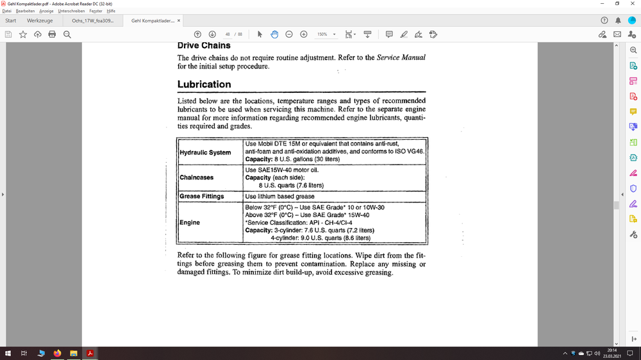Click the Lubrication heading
204,84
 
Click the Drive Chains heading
204,45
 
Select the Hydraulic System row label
205,152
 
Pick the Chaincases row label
197,177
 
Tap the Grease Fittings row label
202,196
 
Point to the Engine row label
190,222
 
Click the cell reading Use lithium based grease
279,196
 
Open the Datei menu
7,11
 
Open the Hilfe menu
111,11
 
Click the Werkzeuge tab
40,20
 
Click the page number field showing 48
228,34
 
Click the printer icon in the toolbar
52,34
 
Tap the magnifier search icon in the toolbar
67,34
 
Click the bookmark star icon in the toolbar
23,34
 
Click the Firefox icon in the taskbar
57,353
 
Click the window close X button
632,4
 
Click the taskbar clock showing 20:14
612,353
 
